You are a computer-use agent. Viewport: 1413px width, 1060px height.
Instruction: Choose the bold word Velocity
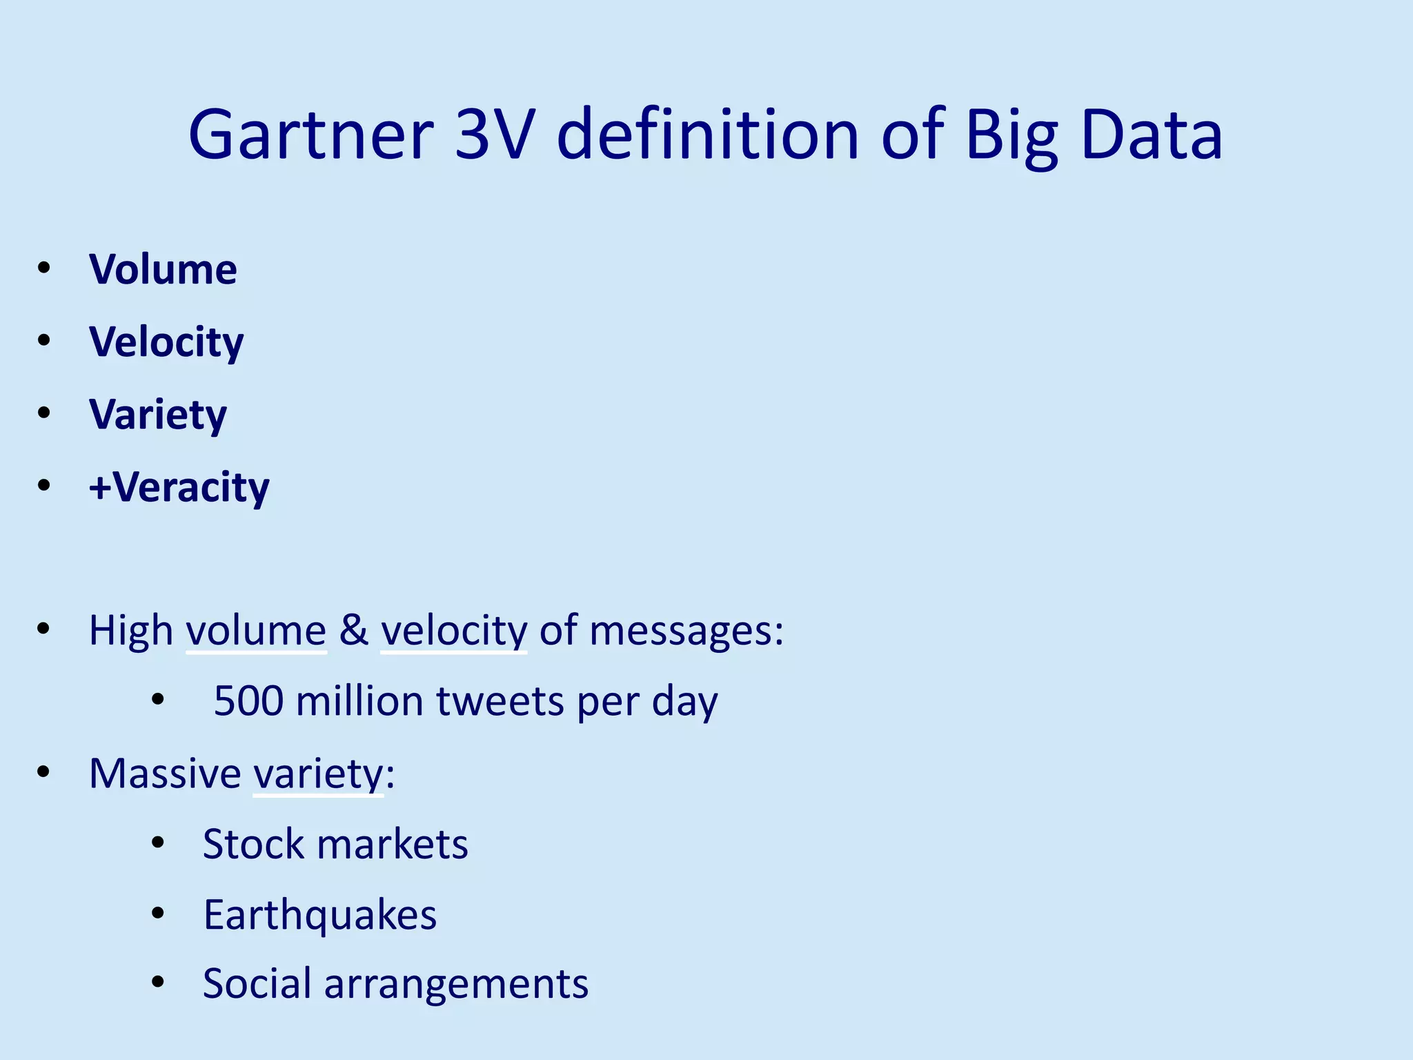pos(166,342)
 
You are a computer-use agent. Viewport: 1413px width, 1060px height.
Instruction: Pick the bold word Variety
pos(158,415)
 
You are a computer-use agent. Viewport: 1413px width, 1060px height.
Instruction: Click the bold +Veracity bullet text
pos(179,487)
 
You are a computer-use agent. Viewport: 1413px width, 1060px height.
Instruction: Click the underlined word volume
pos(256,630)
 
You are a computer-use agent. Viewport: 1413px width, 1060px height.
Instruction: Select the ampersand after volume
pos(353,630)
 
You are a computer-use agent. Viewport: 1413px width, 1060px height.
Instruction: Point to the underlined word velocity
pos(454,630)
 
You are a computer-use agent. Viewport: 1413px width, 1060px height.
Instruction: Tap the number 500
pos(248,701)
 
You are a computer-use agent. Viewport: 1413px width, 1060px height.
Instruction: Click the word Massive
pos(165,773)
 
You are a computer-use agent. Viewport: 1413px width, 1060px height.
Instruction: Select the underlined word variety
pos(318,773)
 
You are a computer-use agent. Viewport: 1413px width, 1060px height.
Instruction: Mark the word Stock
pos(253,844)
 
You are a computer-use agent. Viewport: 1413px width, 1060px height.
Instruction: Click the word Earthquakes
pos(319,915)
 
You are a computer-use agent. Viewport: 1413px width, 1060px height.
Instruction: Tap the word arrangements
pos(456,983)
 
